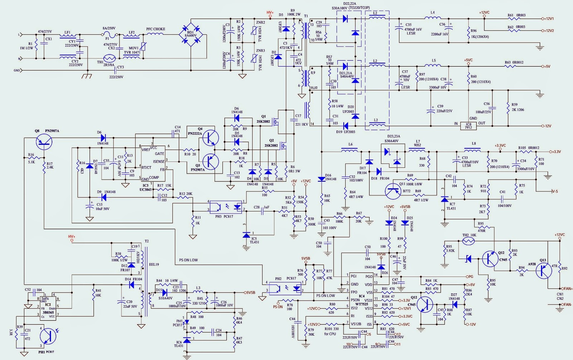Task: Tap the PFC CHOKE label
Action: [x=156, y=29]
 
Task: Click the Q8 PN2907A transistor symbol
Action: [x=44, y=142]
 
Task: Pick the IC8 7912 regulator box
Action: [x=468, y=126]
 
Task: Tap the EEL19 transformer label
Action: [x=154, y=264]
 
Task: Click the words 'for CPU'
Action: [x=330, y=334]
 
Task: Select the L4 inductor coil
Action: [x=433, y=18]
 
